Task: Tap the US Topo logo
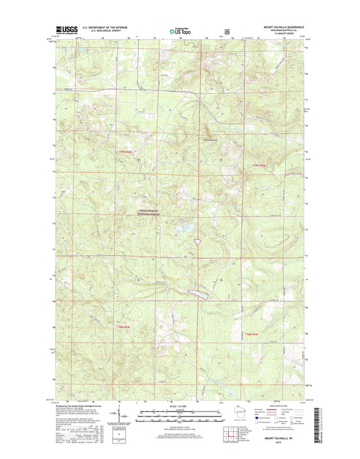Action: point(179,30)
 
